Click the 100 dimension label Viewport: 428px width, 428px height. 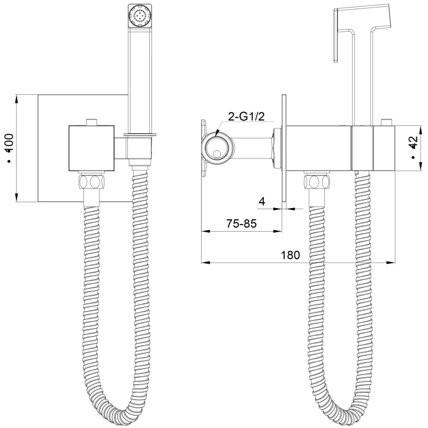click(x=10, y=143)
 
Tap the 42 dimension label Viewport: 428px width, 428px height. click(x=414, y=143)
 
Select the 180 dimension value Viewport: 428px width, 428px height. click(x=290, y=255)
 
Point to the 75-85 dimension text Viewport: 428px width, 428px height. click(x=242, y=224)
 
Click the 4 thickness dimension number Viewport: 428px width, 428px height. click(x=262, y=202)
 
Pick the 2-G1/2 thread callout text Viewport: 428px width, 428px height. click(x=247, y=117)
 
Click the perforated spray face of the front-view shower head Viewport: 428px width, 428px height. click(x=140, y=16)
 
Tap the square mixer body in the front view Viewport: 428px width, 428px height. click(x=91, y=148)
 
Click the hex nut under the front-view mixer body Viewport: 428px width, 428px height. click(x=91, y=182)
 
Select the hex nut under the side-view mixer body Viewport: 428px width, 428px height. click(x=317, y=182)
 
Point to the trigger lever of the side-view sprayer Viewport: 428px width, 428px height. click(x=336, y=35)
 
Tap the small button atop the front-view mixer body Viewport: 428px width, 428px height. click(x=91, y=122)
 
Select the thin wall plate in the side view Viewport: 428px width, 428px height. click(x=284, y=148)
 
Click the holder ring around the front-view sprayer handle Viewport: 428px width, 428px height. click(x=140, y=134)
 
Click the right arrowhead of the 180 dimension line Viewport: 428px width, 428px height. click(x=391, y=263)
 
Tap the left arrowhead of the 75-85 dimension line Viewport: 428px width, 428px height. click(x=206, y=232)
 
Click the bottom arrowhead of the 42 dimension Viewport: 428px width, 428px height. click(x=421, y=166)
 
